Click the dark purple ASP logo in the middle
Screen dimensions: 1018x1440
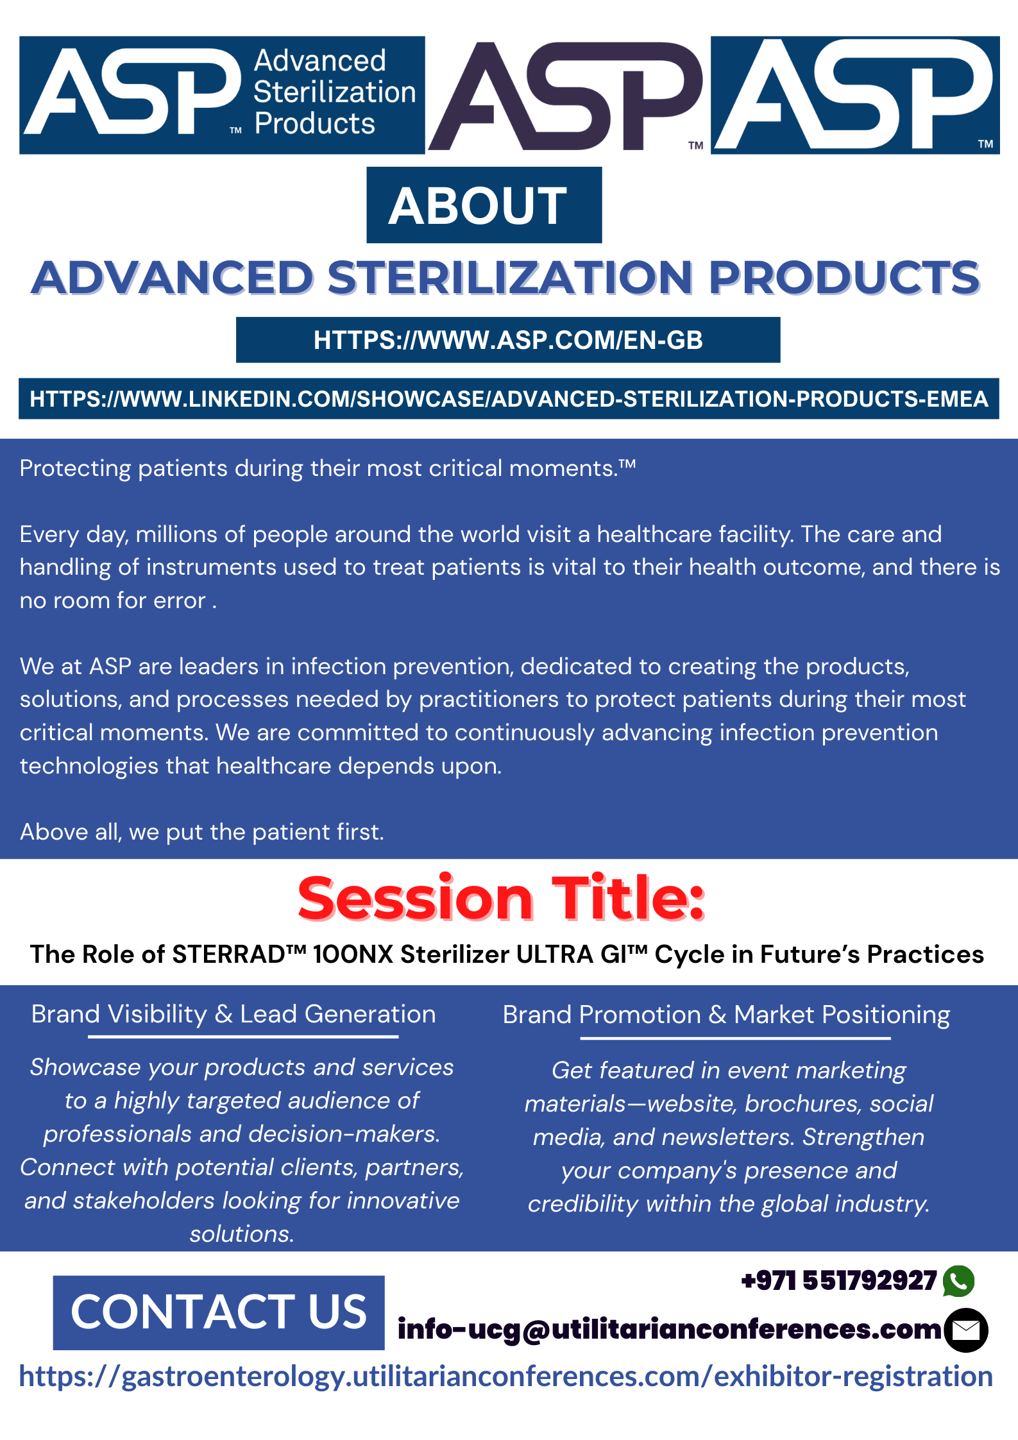pyautogui.click(x=566, y=96)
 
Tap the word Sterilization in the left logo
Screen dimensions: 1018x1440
pyautogui.click(x=335, y=92)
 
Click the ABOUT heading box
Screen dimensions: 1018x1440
pyautogui.click(x=484, y=205)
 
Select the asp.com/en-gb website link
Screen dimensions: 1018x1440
pyautogui.click(x=508, y=340)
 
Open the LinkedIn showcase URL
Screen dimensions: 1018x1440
pyautogui.click(x=509, y=399)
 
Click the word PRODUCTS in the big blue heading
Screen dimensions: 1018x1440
pyautogui.click(x=844, y=278)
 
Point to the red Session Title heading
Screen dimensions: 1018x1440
pyautogui.click(x=502, y=899)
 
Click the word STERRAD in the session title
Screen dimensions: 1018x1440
pyautogui.click(x=228, y=954)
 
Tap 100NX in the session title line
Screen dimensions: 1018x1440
pyautogui.click(x=353, y=954)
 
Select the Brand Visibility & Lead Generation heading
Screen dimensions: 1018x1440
pyautogui.click(x=233, y=1014)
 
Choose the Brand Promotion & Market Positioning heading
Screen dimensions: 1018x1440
pyautogui.click(x=726, y=1015)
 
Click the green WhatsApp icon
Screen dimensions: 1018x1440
pyautogui.click(x=959, y=1281)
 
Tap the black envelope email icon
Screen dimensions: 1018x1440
pyautogui.click(x=966, y=1330)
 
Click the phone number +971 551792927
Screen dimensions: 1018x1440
pyautogui.click(x=839, y=1281)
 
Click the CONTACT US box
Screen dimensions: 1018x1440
pyautogui.click(x=219, y=1313)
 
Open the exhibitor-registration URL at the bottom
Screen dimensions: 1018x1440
pyautogui.click(x=506, y=1376)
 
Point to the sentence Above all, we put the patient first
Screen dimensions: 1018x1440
pyautogui.click(x=202, y=832)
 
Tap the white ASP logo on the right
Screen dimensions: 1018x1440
pyautogui.click(x=855, y=95)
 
